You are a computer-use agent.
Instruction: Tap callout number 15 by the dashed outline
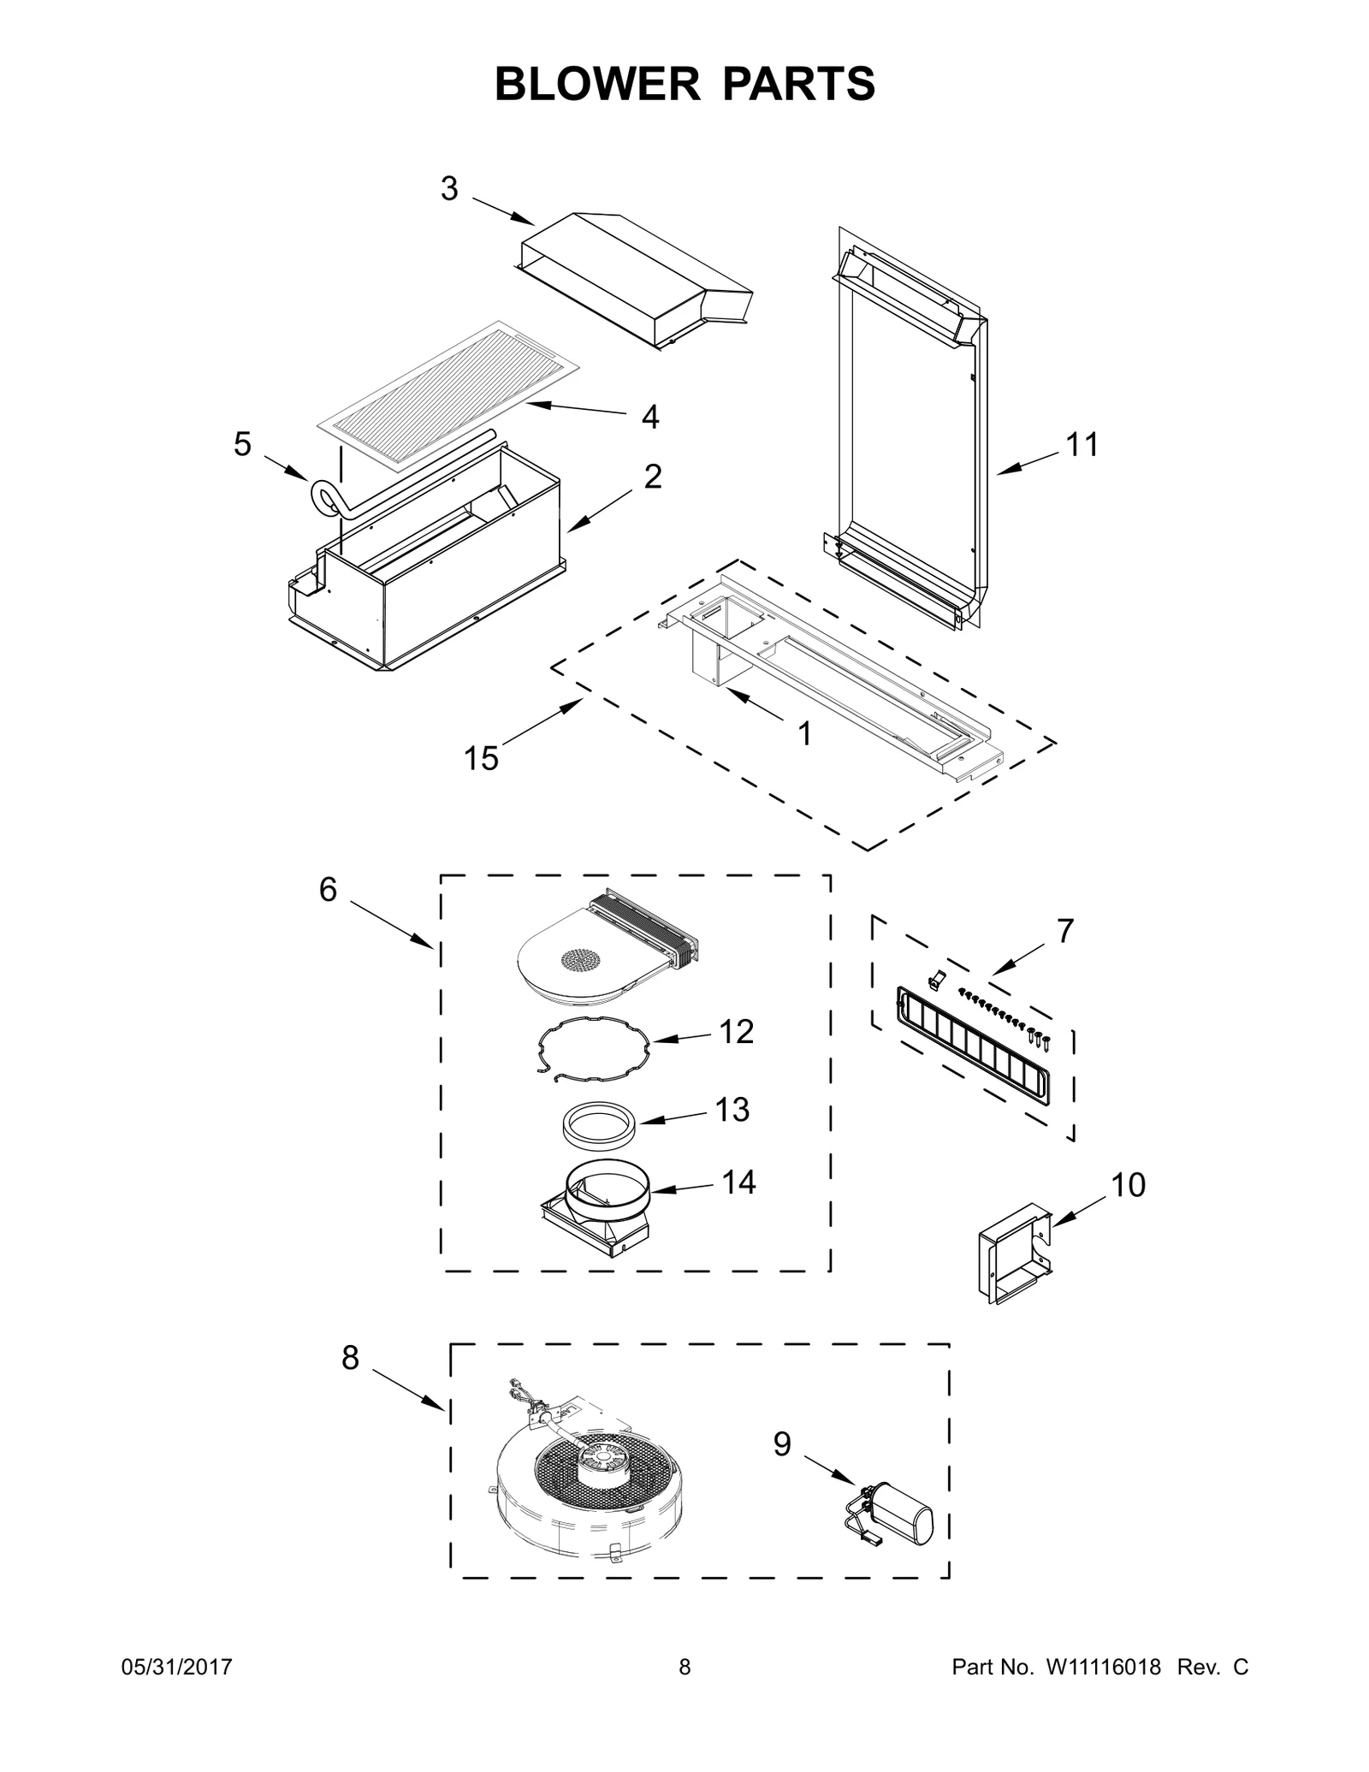pos(481,757)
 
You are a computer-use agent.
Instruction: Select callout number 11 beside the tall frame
pos(1081,445)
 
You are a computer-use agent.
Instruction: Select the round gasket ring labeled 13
pos(598,1121)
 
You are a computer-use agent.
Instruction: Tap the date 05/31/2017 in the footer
pos(175,1667)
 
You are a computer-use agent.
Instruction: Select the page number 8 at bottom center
pos(684,1667)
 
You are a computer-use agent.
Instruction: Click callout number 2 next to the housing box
pos(652,477)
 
